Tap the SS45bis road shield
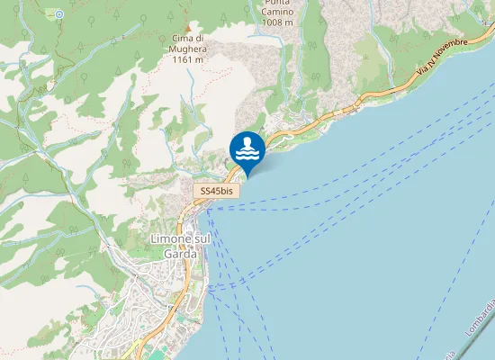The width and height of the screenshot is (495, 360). (217, 192)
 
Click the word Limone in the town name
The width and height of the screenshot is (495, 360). (165, 240)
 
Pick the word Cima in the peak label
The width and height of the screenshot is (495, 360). (180, 38)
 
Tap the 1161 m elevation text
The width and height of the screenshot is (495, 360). (187, 59)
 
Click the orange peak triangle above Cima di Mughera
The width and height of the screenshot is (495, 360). (187, 27)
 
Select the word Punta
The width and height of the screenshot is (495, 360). (274, 3)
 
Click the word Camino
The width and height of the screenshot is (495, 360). (274, 13)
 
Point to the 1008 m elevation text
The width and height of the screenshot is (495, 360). (275, 22)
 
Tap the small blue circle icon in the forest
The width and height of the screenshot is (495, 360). (59, 14)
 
